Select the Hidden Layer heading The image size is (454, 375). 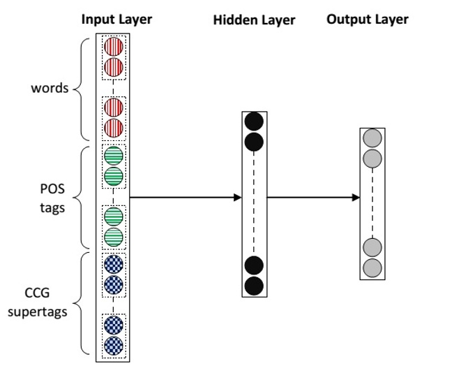[x=254, y=21]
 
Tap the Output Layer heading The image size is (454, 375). [x=368, y=19]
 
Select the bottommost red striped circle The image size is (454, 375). [x=113, y=128]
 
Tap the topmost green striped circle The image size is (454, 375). [x=113, y=154]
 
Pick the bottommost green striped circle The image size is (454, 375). [x=113, y=237]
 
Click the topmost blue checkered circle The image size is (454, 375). [x=113, y=264]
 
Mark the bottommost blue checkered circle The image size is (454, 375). [x=113, y=345]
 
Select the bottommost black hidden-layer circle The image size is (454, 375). [x=254, y=285]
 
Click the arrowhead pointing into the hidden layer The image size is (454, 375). [x=236, y=198]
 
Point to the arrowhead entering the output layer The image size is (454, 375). [x=355, y=198]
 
